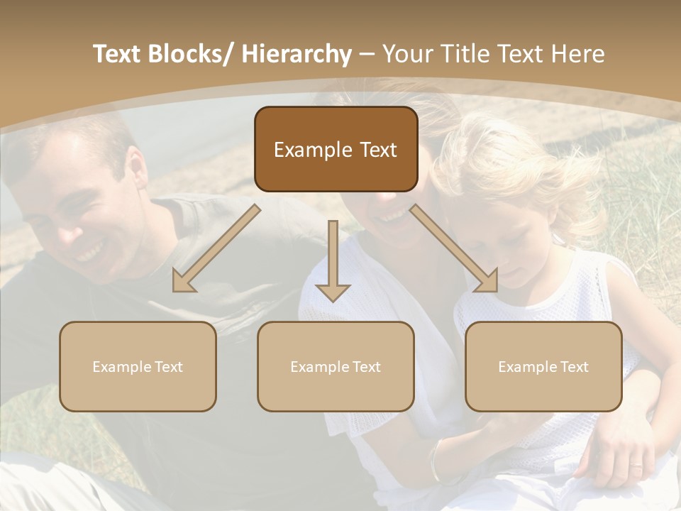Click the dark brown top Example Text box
point(336,149)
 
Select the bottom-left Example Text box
point(138,366)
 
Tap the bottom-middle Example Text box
point(336,366)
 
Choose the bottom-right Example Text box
point(543,366)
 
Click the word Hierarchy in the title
point(297,54)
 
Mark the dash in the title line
point(367,55)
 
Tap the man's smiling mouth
point(91,250)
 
